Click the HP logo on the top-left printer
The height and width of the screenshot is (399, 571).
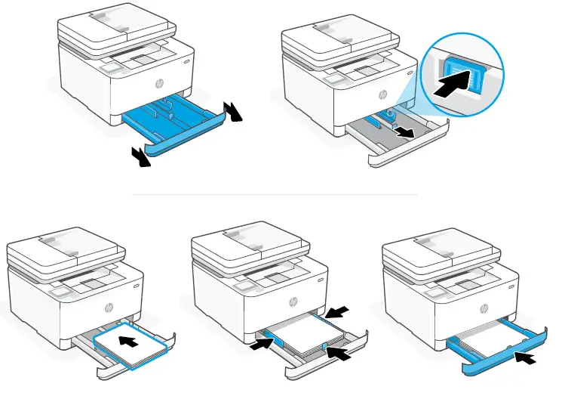(158, 82)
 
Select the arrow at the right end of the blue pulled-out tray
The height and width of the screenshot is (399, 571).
(236, 110)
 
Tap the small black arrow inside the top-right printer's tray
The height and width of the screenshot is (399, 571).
(406, 132)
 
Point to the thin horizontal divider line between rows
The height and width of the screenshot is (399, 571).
(275, 194)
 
